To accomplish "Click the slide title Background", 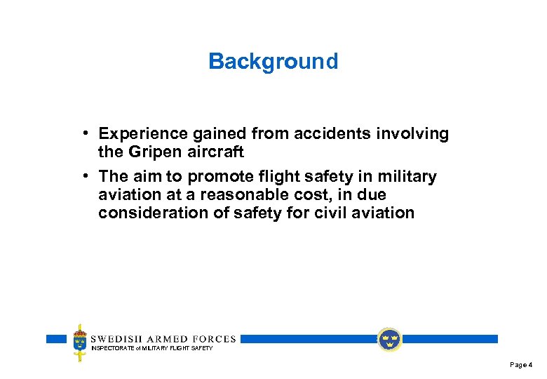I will [273, 62].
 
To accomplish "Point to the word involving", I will [416, 134].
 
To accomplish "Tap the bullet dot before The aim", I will [83, 176].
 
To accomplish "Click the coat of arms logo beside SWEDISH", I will [81, 343].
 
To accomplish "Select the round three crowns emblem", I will [389, 340].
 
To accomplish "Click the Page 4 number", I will [521, 365].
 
